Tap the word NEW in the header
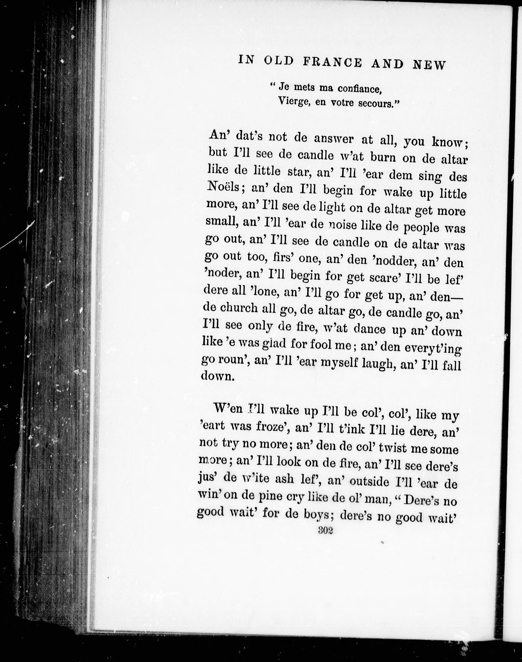pos(429,65)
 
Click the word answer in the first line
pos(333,139)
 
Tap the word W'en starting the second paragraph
pos(227,409)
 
